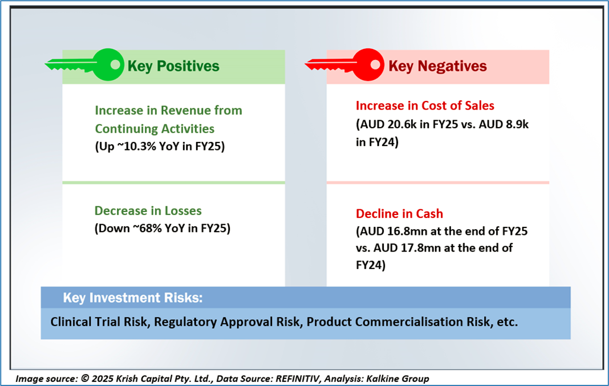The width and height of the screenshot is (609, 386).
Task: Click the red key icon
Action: [344, 65]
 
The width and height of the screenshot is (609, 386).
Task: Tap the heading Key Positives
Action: [173, 66]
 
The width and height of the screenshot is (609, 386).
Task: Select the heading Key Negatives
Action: [437, 66]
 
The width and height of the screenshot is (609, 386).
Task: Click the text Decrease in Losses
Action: [148, 210]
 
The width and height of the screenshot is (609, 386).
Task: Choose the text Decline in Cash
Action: [399, 214]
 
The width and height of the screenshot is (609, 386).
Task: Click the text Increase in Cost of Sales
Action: [425, 105]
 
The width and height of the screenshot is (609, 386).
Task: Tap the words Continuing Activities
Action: [155, 128]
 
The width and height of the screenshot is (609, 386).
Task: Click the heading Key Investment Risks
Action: [133, 298]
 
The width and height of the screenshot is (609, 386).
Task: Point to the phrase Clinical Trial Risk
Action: [99, 322]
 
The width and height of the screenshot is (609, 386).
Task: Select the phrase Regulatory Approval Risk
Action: [227, 322]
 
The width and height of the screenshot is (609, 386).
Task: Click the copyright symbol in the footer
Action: [84, 379]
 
